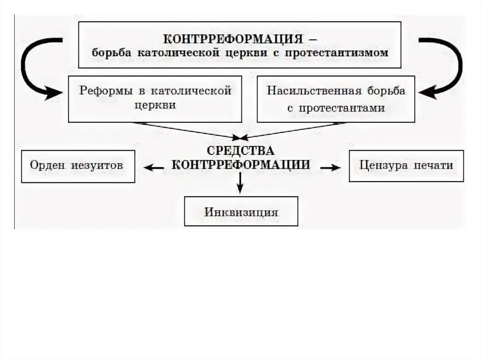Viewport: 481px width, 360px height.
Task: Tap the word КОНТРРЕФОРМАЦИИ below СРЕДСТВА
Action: pyautogui.click(x=240, y=165)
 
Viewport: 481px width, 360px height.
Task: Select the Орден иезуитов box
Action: pyautogui.click(x=78, y=166)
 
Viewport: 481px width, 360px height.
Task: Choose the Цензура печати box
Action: pyautogui.click(x=406, y=166)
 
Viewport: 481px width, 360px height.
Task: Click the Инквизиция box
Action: pyautogui.click(x=241, y=211)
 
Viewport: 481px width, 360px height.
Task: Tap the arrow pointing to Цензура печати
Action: pyautogui.click(x=330, y=167)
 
